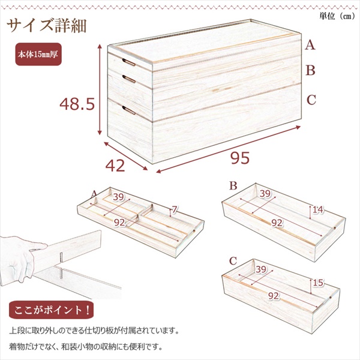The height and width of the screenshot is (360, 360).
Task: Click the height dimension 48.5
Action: coord(77,104)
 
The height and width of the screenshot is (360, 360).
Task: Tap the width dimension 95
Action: coord(240,158)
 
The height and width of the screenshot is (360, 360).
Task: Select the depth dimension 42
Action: coord(115,166)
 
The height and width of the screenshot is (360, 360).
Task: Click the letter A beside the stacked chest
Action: coord(310,45)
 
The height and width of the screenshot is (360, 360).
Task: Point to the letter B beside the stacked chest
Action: coord(310,70)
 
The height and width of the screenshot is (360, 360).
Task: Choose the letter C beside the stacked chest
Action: coord(311,100)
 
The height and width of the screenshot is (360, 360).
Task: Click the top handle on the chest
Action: coord(129,62)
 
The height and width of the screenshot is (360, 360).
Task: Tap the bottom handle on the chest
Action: coord(129,110)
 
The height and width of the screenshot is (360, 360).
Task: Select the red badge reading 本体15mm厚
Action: coord(38,54)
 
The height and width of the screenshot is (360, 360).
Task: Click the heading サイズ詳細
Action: coord(47,26)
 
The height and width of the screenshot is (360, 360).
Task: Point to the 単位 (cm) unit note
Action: coord(337,16)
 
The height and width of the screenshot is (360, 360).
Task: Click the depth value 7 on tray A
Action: coord(175,209)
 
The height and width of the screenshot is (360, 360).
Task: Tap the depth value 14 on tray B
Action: coord(318,209)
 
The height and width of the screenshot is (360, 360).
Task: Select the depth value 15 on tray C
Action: coord(318,283)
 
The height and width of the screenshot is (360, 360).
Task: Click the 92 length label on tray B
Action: coord(277,223)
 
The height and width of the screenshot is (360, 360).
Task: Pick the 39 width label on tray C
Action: coord(261,269)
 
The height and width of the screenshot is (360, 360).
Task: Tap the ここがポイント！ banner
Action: coord(51,310)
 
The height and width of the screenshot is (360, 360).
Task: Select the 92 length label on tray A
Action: coord(119,222)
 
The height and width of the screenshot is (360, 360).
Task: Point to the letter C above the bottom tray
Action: coord(233,261)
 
